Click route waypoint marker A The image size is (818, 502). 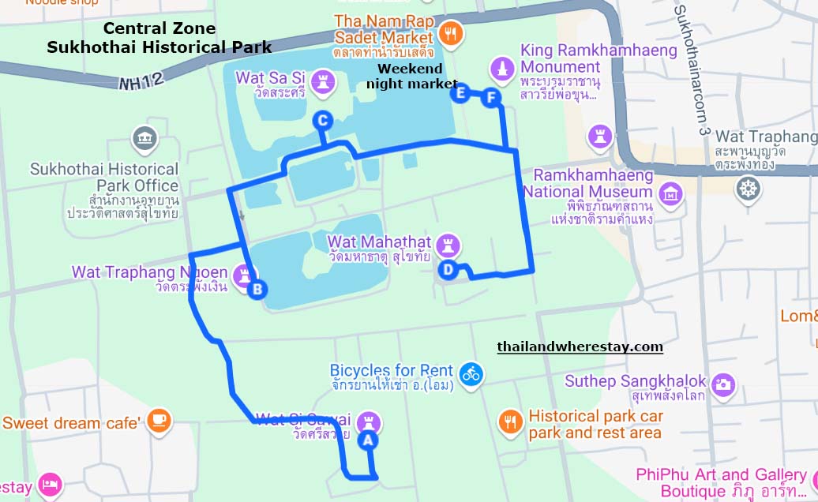(366, 441)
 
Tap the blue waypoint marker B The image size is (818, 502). (257, 290)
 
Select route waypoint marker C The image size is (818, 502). (322, 120)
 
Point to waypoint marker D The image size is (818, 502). (448, 270)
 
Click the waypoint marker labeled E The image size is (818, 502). (460, 93)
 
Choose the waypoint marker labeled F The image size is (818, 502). (492, 98)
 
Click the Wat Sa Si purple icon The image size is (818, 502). (322, 80)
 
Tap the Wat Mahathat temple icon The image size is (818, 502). (448, 245)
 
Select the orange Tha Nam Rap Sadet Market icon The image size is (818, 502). (451, 33)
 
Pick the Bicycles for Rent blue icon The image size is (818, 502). (472, 373)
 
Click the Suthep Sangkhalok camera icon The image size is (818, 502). (722, 384)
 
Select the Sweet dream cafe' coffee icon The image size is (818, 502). (159, 420)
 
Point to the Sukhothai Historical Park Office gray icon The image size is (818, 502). (144, 139)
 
